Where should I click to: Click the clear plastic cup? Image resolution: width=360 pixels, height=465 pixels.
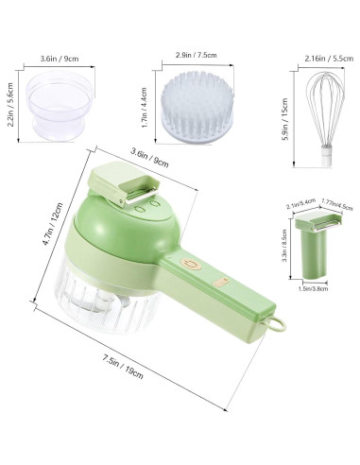[x=59, y=105]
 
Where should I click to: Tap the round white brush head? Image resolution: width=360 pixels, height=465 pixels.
[x=197, y=107]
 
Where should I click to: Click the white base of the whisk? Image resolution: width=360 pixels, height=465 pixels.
[x=326, y=157]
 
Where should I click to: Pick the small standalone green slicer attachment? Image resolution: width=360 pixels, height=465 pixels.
[x=317, y=246]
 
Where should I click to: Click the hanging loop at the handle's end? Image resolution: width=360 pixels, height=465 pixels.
[x=276, y=324]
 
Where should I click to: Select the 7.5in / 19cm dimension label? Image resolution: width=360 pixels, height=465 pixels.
[x=123, y=367]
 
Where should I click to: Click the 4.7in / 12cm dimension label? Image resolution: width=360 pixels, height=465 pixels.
[x=53, y=224]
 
